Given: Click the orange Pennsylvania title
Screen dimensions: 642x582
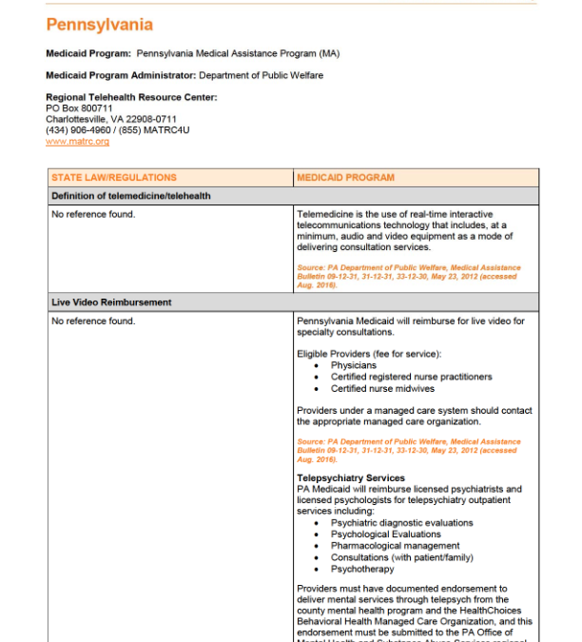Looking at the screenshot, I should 99,25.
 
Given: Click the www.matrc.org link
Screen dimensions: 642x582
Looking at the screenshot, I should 77,142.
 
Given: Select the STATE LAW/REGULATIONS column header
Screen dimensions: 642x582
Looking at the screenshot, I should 114,178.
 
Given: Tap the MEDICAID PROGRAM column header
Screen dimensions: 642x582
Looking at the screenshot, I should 345,178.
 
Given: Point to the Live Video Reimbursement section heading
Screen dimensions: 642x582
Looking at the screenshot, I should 111,302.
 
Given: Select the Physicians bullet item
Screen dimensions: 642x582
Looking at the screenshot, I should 354,365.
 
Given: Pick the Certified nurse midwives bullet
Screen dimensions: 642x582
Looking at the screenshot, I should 382,388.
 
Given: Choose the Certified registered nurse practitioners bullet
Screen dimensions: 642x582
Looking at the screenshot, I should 411,377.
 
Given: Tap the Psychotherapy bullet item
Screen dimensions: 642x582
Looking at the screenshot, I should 361,569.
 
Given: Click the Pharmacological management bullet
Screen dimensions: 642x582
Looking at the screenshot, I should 395,546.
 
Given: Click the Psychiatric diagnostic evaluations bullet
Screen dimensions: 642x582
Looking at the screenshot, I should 401,523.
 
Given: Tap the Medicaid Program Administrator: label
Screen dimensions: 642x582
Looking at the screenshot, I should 121,75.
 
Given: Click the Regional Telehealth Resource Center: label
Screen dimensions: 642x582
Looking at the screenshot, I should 131,97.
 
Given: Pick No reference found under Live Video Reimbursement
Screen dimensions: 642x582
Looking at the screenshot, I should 93,321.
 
